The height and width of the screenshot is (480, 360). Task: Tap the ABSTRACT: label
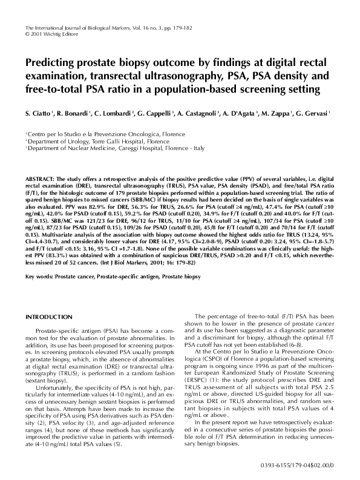(x=42, y=180)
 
